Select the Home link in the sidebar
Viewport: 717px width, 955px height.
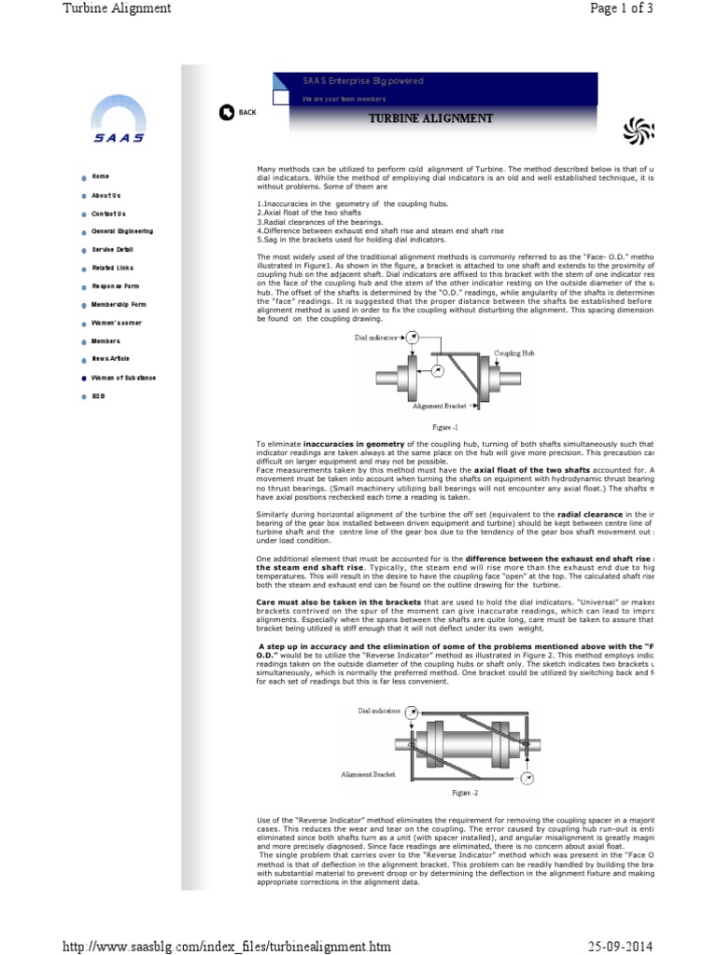pos(100,176)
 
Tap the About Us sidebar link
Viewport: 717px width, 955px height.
pos(105,195)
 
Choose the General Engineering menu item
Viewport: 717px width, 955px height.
pos(122,231)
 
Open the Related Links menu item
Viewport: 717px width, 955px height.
pos(112,268)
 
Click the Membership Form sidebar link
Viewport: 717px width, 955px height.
pos(119,304)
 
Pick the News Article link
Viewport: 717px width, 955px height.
pos(110,359)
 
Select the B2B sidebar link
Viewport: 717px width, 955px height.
pos(98,395)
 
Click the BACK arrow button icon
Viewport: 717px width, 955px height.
pos(226,113)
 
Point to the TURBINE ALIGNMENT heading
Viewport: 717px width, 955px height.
pos(429,118)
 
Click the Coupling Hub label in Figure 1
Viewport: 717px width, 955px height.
pos(513,354)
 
